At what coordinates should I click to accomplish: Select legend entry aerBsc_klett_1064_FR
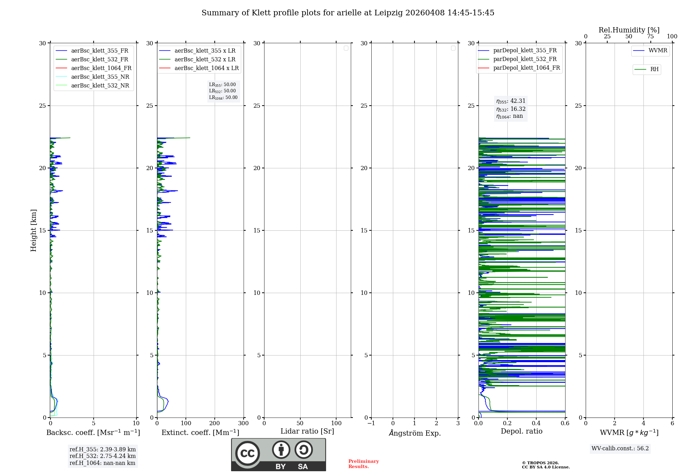[x=101, y=68]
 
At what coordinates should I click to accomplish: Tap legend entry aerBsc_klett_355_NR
[x=100, y=77]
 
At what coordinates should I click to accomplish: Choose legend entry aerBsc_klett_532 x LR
[x=205, y=59]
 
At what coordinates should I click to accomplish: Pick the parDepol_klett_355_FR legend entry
[x=524, y=50]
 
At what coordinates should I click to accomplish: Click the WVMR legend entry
[x=657, y=51]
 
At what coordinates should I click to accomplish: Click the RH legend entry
[x=654, y=69]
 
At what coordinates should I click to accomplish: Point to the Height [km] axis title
[x=33, y=230]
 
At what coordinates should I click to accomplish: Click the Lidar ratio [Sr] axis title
[x=307, y=431]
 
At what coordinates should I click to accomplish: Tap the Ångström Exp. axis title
[x=414, y=433]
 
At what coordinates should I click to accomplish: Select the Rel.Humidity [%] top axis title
[x=629, y=30]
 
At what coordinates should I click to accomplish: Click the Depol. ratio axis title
[x=521, y=431]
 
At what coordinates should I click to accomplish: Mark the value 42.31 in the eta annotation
[x=518, y=101]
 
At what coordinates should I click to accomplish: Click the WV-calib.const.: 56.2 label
[x=620, y=448]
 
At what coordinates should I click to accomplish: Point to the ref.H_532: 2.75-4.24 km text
[x=102, y=456]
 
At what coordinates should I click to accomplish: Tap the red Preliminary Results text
[x=363, y=464]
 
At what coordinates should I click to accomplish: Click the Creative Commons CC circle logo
[x=247, y=453]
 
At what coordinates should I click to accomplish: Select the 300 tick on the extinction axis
[x=243, y=423]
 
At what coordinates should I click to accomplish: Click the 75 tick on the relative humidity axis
[x=650, y=37]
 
